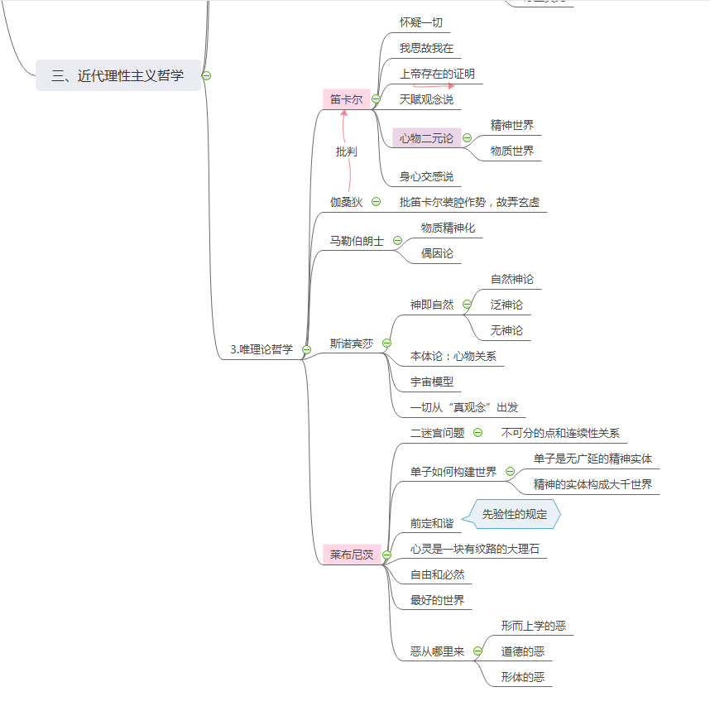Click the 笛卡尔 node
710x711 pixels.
(x=346, y=99)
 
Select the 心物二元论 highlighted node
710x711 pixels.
(x=426, y=138)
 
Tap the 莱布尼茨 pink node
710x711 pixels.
(x=352, y=555)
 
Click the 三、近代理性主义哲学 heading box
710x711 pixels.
(x=118, y=75)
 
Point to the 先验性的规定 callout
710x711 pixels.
(x=515, y=514)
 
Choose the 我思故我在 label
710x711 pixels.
(x=426, y=48)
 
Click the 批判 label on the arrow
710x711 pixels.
(x=346, y=151)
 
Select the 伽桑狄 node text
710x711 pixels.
(x=346, y=201)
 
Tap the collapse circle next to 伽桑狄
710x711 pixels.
(x=376, y=201)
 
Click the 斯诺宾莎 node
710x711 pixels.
(x=352, y=343)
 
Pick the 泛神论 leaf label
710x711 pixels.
(x=506, y=305)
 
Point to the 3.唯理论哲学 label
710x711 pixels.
(x=261, y=349)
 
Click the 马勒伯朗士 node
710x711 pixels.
(x=357, y=241)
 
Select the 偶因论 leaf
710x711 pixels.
(x=437, y=252)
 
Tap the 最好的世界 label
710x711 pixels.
(x=437, y=600)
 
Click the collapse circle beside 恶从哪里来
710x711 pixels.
(x=477, y=651)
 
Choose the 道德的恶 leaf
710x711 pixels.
(x=522, y=651)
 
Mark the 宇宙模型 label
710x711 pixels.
(x=432, y=382)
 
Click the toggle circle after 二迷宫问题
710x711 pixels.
(x=477, y=432)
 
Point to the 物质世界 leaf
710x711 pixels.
(x=511, y=151)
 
